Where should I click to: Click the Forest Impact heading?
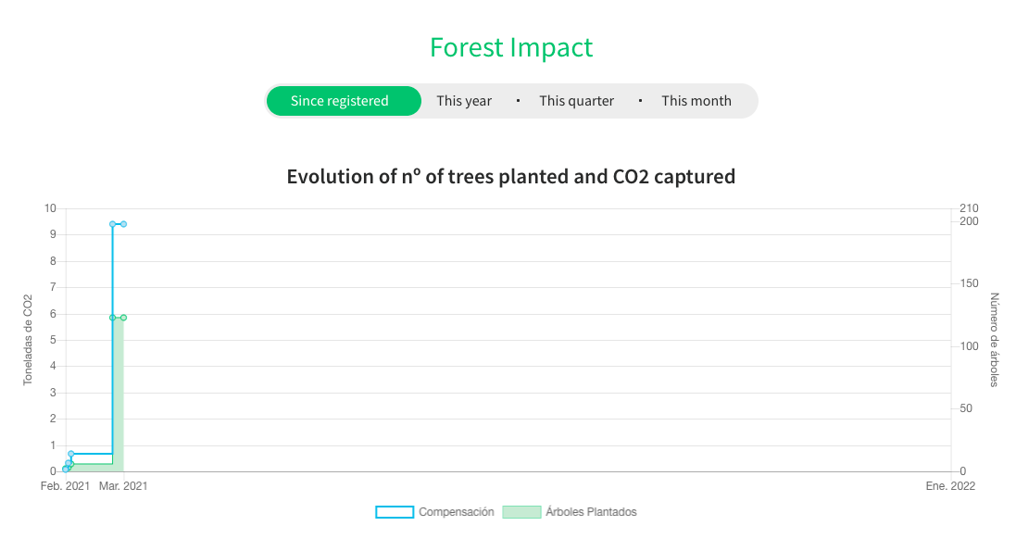(511, 47)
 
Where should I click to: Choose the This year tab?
(464, 101)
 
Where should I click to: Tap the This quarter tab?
(577, 101)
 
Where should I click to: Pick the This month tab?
(696, 101)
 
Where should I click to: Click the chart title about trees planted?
(511, 176)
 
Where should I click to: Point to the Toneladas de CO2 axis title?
(28, 340)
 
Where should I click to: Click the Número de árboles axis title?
(995, 340)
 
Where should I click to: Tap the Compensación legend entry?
(434, 512)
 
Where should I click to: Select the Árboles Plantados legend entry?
(570, 512)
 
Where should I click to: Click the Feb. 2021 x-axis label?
(65, 486)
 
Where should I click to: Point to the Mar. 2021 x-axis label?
(123, 486)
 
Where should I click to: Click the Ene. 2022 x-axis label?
(950, 486)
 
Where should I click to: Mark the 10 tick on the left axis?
(51, 208)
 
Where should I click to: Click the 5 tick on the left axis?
(53, 340)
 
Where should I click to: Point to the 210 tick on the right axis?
(969, 208)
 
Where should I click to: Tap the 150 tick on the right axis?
(969, 283)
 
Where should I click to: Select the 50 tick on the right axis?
(966, 408)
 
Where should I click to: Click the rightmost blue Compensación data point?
(124, 224)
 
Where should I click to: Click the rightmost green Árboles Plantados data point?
(124, 318)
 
